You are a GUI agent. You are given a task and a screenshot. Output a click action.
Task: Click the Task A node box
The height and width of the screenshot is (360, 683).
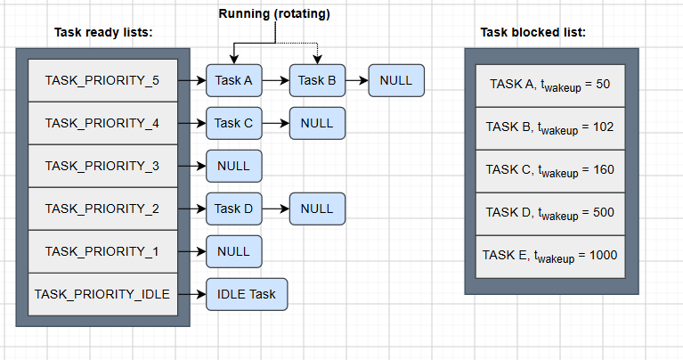pos(234,80)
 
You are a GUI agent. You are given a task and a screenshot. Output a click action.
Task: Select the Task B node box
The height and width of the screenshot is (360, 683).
pos(317,80)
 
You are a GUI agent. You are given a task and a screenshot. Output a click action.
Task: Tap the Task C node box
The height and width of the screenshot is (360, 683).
pos(234,123)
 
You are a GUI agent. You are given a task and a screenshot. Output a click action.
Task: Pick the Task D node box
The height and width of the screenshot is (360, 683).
pos(234,209)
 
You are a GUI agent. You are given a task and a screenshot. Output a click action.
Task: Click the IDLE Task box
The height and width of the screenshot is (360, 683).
pos(247,294)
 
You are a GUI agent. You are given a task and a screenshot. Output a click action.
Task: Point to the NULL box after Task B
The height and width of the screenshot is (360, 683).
pos(396,80)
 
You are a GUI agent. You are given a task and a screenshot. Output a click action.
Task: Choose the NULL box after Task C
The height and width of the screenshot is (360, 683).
pos(317,123)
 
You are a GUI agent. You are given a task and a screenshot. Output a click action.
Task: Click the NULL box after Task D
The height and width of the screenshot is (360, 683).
pos(317,209)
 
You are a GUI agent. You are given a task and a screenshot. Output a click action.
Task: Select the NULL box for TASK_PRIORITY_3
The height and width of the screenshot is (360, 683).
pos(234,166)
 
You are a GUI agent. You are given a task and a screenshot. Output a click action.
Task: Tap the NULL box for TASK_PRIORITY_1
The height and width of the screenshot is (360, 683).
pos(234,251)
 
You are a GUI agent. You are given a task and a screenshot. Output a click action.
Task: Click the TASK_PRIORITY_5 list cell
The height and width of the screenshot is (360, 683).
pos(102,80)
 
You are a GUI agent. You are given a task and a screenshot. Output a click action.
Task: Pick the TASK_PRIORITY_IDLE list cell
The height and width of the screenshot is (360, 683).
pos(102,294)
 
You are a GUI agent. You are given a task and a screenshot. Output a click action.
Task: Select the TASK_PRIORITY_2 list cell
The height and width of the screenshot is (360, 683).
pos(102,209)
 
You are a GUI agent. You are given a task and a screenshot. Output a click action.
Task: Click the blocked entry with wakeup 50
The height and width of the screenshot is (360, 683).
pos(550,86)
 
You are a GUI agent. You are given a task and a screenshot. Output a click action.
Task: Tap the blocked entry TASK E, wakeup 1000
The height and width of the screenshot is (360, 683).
pos(550,257)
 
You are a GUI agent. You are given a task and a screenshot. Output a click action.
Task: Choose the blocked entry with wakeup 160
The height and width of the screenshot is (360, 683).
pos(550,171)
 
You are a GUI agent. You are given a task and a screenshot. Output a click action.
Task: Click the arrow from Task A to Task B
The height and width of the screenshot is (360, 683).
pos(276,80)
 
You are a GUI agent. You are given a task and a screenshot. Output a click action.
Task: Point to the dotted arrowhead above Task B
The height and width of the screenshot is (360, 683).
pos(317,60)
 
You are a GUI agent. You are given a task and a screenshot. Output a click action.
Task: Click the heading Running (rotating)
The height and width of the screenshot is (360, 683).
pos(274,13)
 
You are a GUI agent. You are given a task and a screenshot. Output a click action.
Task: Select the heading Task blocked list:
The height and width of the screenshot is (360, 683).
pos(533,32)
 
